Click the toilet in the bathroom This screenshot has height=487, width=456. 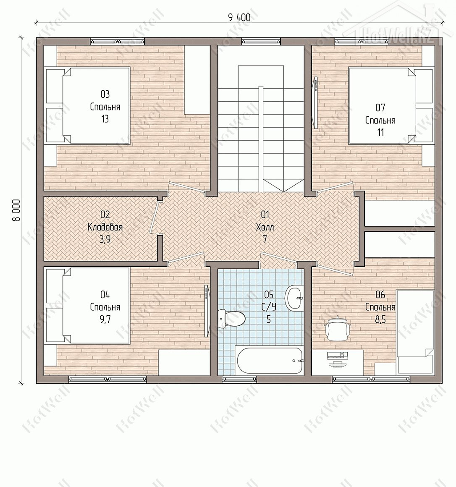coord(231,318)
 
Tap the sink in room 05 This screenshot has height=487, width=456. coord(294,298)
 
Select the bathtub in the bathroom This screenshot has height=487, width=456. coord(269,361)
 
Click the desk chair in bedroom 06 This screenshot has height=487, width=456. coord(338,328)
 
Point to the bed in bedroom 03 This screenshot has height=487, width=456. coord(87,105)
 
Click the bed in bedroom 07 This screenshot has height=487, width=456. coord(391,106)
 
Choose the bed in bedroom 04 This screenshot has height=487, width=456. coord(87,306)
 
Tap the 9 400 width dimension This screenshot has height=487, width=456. coord(239,18)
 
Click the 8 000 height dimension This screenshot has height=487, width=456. coord(16,210)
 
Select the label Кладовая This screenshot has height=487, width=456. coord(105,228)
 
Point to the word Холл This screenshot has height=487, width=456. coord(265,228)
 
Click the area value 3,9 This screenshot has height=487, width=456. coord(105,239)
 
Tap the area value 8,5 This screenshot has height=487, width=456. coord(380,319)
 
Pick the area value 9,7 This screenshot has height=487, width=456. coord(105,319)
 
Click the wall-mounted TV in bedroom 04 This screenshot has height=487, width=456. coord(207,311)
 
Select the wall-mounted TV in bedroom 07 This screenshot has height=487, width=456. coord(315,103)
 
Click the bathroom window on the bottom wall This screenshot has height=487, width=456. coord(239,379)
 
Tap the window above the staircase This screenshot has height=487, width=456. coord(261,41)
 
